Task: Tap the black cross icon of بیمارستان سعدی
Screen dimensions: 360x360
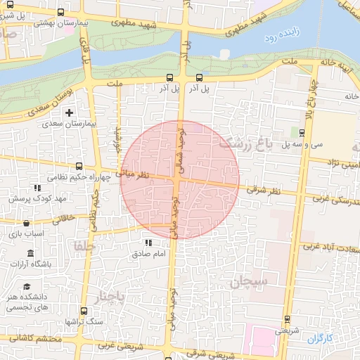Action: (x=69, y=112)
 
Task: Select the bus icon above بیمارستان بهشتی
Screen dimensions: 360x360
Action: (x=59, y=13)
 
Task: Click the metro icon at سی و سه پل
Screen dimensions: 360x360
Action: (x=302, y=133)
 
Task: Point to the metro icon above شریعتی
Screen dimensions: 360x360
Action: (x=285, y=319)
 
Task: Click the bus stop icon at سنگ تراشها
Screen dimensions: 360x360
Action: (x=84, y=311)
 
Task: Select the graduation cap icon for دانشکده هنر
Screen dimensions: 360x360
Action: (x=27, y=287)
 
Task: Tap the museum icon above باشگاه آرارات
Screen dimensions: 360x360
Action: (x=30, y=253)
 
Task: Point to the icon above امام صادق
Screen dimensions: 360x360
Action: (x=148, y=243)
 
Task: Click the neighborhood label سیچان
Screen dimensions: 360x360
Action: (x=248, y=282)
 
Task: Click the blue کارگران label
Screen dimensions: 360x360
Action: (x=318, y=339)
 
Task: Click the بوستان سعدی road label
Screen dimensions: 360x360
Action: (x=39, y=101)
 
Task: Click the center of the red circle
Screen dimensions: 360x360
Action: (x=180, y=180)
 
